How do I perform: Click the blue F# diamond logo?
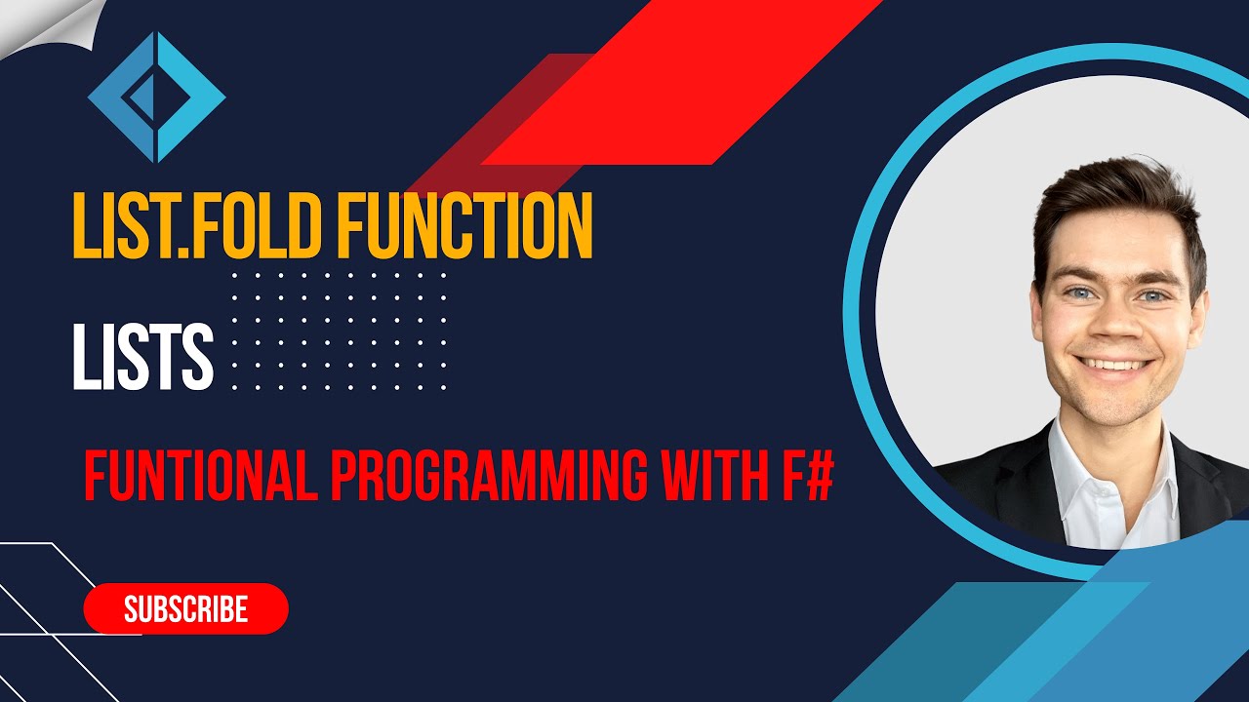pos(156,97)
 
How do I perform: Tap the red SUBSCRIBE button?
pos(186,609)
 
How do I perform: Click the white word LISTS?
pos(142,358)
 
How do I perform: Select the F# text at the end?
pos(806,475)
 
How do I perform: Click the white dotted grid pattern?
pos(339,331)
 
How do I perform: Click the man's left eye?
pos(1153,295)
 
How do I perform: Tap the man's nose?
pos(1112,327)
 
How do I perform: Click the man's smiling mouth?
pos(1111,365)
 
